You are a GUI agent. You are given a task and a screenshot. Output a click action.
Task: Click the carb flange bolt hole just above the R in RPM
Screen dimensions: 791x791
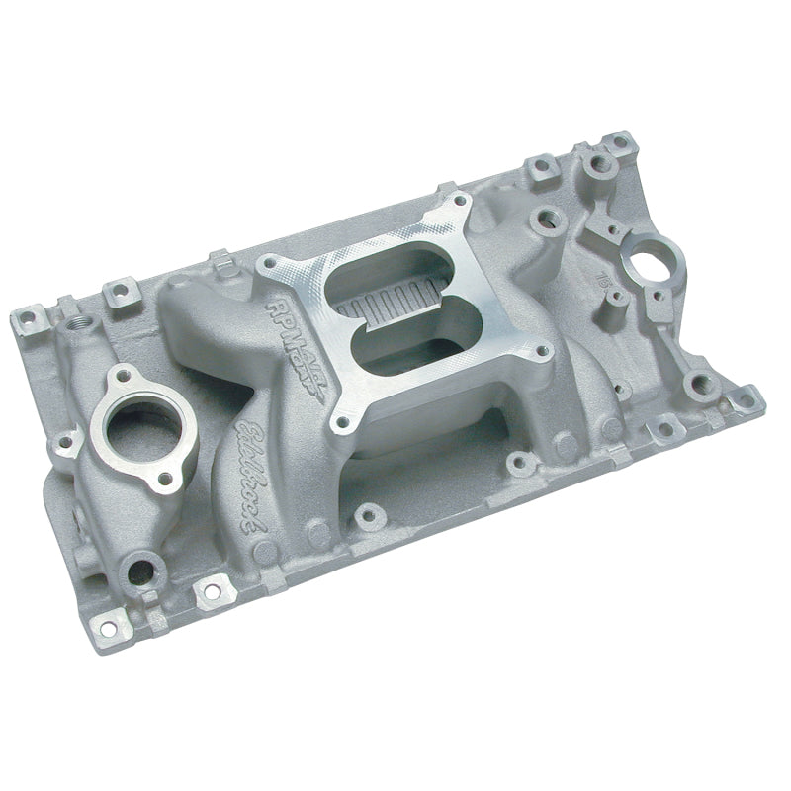(266, 265)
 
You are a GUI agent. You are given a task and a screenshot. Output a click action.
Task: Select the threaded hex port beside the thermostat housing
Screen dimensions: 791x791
(77, 323)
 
